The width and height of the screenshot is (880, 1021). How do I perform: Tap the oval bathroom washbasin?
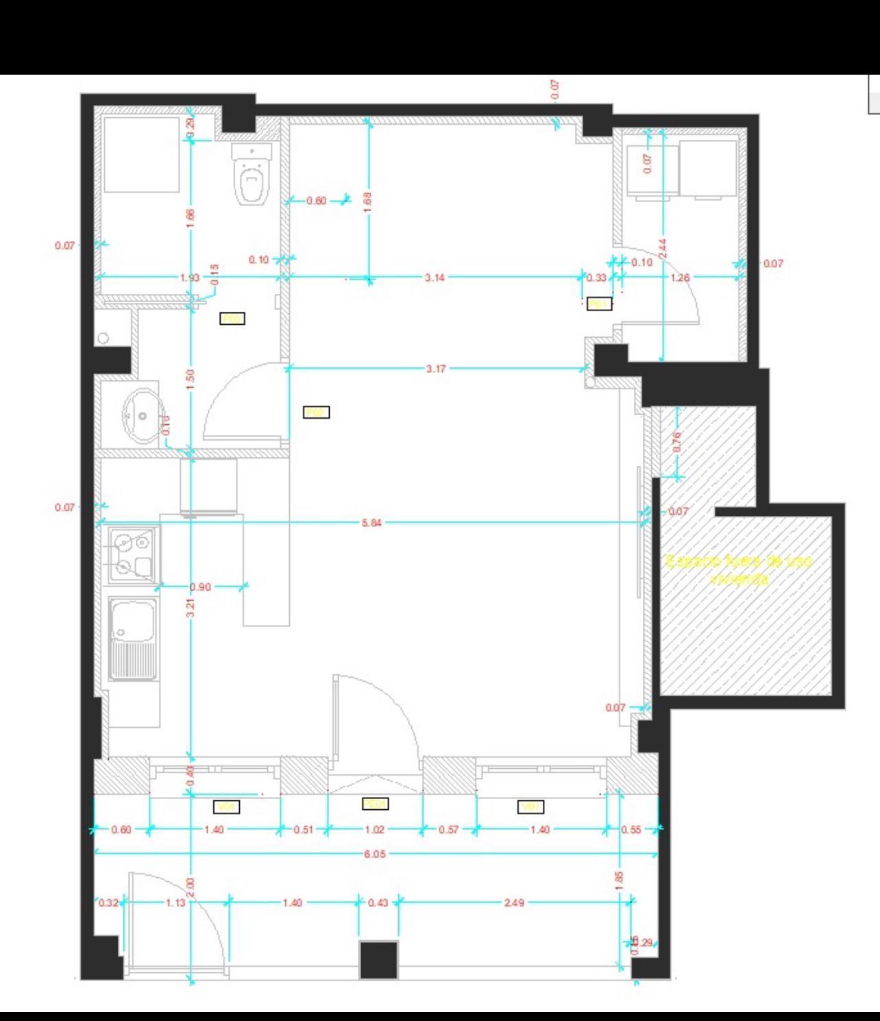pos(143,415)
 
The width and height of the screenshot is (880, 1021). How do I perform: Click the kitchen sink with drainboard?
pos(133,639)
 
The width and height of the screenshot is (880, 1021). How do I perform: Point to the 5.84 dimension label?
pos(371,524)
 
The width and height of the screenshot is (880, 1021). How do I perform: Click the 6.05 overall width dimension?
pos(375,854)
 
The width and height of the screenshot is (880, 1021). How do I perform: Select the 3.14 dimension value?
pos(435,278)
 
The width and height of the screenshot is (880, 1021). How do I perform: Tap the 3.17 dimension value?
pos(436,369)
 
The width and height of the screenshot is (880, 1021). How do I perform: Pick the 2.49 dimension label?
pos(514,902)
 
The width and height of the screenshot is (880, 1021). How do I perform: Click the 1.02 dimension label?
pos(374,830)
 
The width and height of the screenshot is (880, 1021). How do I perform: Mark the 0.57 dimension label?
pos(448,830)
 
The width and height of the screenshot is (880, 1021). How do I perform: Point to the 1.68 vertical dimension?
pos(367,201)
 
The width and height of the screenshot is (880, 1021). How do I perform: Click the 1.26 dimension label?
pos(680,278)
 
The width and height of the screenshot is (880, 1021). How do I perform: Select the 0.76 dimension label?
pos(676,441)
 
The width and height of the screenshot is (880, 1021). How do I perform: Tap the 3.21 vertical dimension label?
pos(191,608)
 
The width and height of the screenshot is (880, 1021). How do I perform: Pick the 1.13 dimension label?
pos(175,902)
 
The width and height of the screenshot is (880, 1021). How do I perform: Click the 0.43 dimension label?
pos(378,902)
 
